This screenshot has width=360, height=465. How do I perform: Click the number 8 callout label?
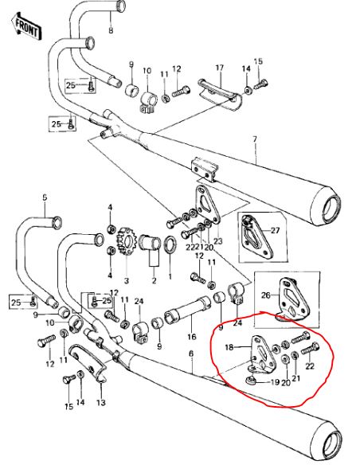point(111,30)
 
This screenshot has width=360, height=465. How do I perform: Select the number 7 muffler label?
point(255,139)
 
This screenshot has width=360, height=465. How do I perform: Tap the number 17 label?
point(220,68)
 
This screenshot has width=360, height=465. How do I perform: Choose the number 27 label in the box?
point(276,230)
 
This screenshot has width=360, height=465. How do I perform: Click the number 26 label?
point(266,295)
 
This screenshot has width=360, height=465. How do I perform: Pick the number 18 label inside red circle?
point(229,347)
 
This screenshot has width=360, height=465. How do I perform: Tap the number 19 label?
point(275,381)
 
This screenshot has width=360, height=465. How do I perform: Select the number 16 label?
point(192,336)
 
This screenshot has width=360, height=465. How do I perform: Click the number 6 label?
point(191,354)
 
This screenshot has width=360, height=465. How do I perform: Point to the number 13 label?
point(101,402)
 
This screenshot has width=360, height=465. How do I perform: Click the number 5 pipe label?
point(45,197)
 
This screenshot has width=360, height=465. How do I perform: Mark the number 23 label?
point(218,240)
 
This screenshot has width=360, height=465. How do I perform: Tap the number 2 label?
point(154,280)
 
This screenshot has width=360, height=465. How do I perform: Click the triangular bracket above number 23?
point(207,205)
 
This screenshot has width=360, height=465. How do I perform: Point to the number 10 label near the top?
point(147,71)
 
